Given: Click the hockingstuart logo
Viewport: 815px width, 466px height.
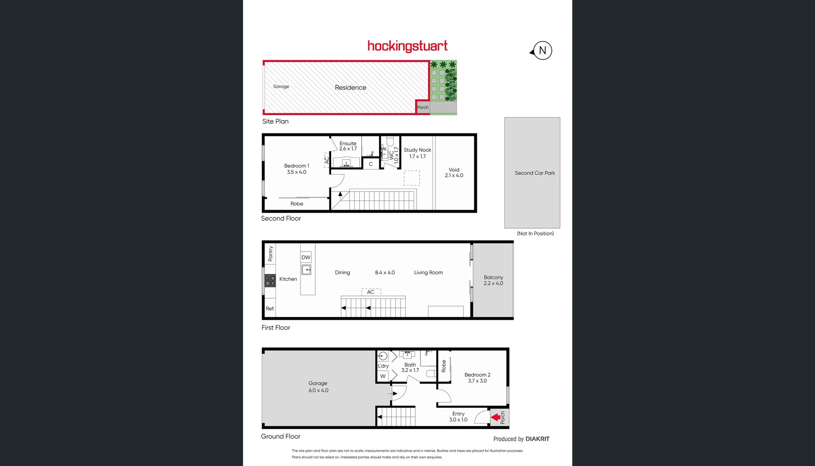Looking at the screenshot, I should tap(407, 46).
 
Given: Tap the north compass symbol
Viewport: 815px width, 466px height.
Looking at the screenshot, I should tap(542, 50).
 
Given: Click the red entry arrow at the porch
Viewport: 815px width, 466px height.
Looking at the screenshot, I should tap(496, 417).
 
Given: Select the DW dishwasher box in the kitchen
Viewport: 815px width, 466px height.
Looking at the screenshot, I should tap(306, 258).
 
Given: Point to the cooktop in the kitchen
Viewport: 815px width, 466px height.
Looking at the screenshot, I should tap(270, 281).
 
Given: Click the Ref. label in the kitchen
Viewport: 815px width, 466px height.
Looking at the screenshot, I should tap(270, 309).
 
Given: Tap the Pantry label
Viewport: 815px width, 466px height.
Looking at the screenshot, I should tap(270, 254).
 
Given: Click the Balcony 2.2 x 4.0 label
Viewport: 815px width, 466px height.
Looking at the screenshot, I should tap(493, 280).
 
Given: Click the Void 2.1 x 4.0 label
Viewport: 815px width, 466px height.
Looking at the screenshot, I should tap(454, 173).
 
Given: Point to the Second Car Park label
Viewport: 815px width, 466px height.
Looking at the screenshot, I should tap(535, 173).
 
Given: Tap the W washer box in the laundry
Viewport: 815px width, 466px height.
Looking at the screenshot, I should tap(383, 376).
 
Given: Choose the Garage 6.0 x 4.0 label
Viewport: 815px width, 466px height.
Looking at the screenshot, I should tap(318, 387).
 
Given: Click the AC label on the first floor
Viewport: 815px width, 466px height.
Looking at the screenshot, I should tap(370, 292).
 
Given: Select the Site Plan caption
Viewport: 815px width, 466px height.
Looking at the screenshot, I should tap(276, 121).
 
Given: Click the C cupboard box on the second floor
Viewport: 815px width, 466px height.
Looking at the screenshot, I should tap(371, 164).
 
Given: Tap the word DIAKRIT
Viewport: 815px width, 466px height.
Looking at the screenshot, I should tap(537, 439).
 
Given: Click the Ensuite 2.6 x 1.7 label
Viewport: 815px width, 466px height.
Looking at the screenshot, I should tap(348, 146).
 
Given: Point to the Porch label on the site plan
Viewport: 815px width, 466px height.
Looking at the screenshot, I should tap(423, 107).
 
